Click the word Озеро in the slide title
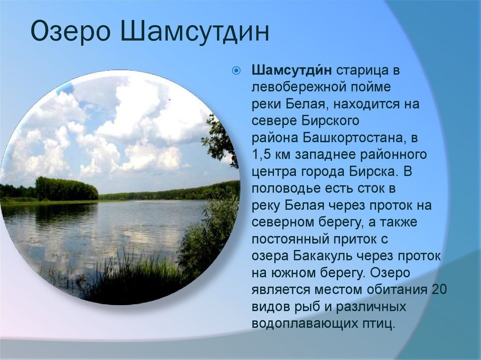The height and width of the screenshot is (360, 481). (x=70, y=31)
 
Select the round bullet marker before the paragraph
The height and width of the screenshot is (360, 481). (x=236, y=71)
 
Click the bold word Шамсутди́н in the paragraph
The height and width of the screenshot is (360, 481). (x=292, y=71)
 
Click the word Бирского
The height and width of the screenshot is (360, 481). (x=330, y=121)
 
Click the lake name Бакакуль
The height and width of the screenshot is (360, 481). (x=323, y=256)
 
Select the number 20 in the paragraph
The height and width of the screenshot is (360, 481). (x=439, y=290)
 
